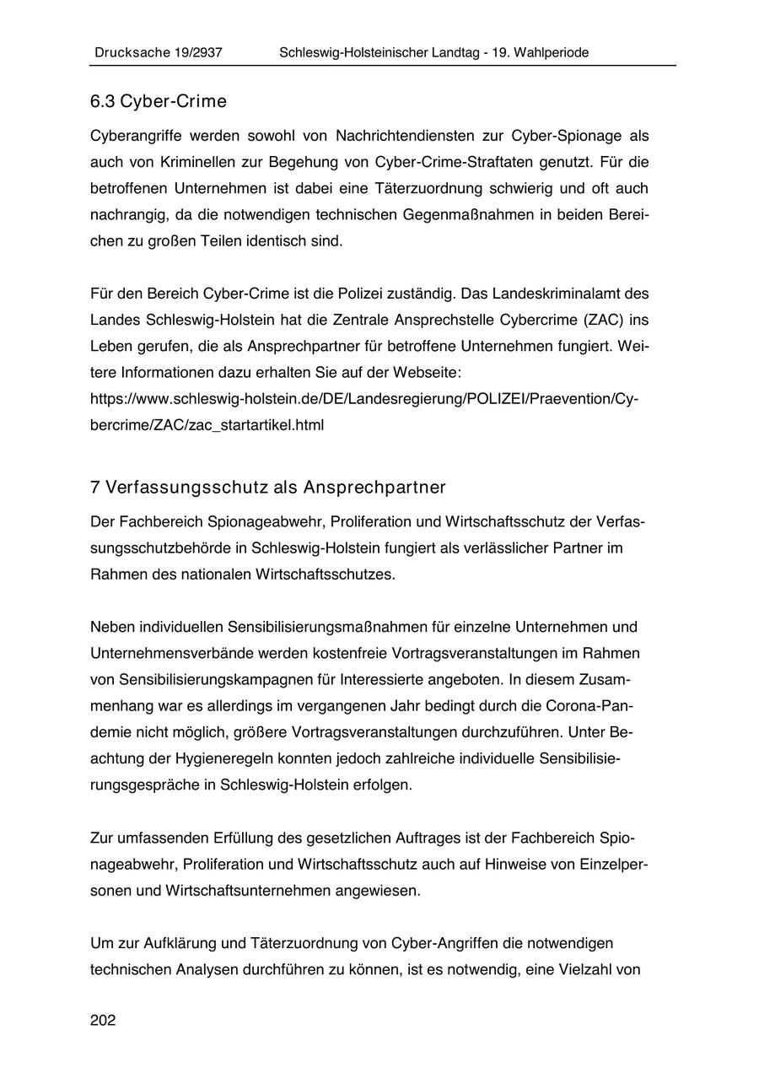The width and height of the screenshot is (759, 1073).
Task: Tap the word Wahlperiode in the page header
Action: pyautogui.click(x=548, y=52)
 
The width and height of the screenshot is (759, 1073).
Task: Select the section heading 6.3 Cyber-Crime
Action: pyautogui.click(x=159, y=102)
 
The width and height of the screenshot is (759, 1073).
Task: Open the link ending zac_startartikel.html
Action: pyautogui.click(x=207, y=424)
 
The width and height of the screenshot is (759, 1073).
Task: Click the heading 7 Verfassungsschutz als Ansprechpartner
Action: pyautogui.click(x=268, y=488)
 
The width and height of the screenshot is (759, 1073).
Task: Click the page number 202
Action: pyautogui.click(x=103, y=1021)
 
